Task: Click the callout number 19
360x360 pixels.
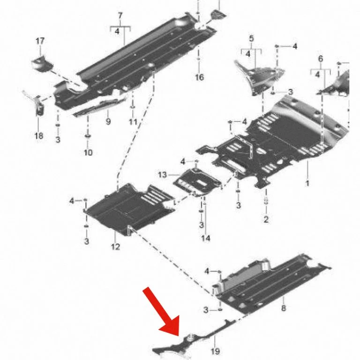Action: pos(215,351)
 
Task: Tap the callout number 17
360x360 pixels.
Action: pos(40,41)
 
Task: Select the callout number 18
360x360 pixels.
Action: pos(38,135)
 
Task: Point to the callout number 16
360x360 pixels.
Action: pos(199,77)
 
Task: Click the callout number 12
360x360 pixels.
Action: pos(115,247)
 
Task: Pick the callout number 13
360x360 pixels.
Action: pos(162,175)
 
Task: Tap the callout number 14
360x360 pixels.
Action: pos(206,238)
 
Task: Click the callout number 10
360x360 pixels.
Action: pos(88,152)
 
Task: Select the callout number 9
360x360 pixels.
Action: pos(108,121)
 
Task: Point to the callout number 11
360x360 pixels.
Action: pos(133,122)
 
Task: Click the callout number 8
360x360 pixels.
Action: pos(284,307)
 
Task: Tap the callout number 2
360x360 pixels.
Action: pos(266,219)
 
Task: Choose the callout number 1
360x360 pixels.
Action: pos(307,183)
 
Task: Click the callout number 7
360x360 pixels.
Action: pos(120,16)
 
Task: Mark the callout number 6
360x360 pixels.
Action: pos(321,59)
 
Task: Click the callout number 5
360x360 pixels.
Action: pos(251,38)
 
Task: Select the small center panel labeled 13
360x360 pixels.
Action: pos(197,181)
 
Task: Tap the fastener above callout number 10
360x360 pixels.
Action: pos(88,136)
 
